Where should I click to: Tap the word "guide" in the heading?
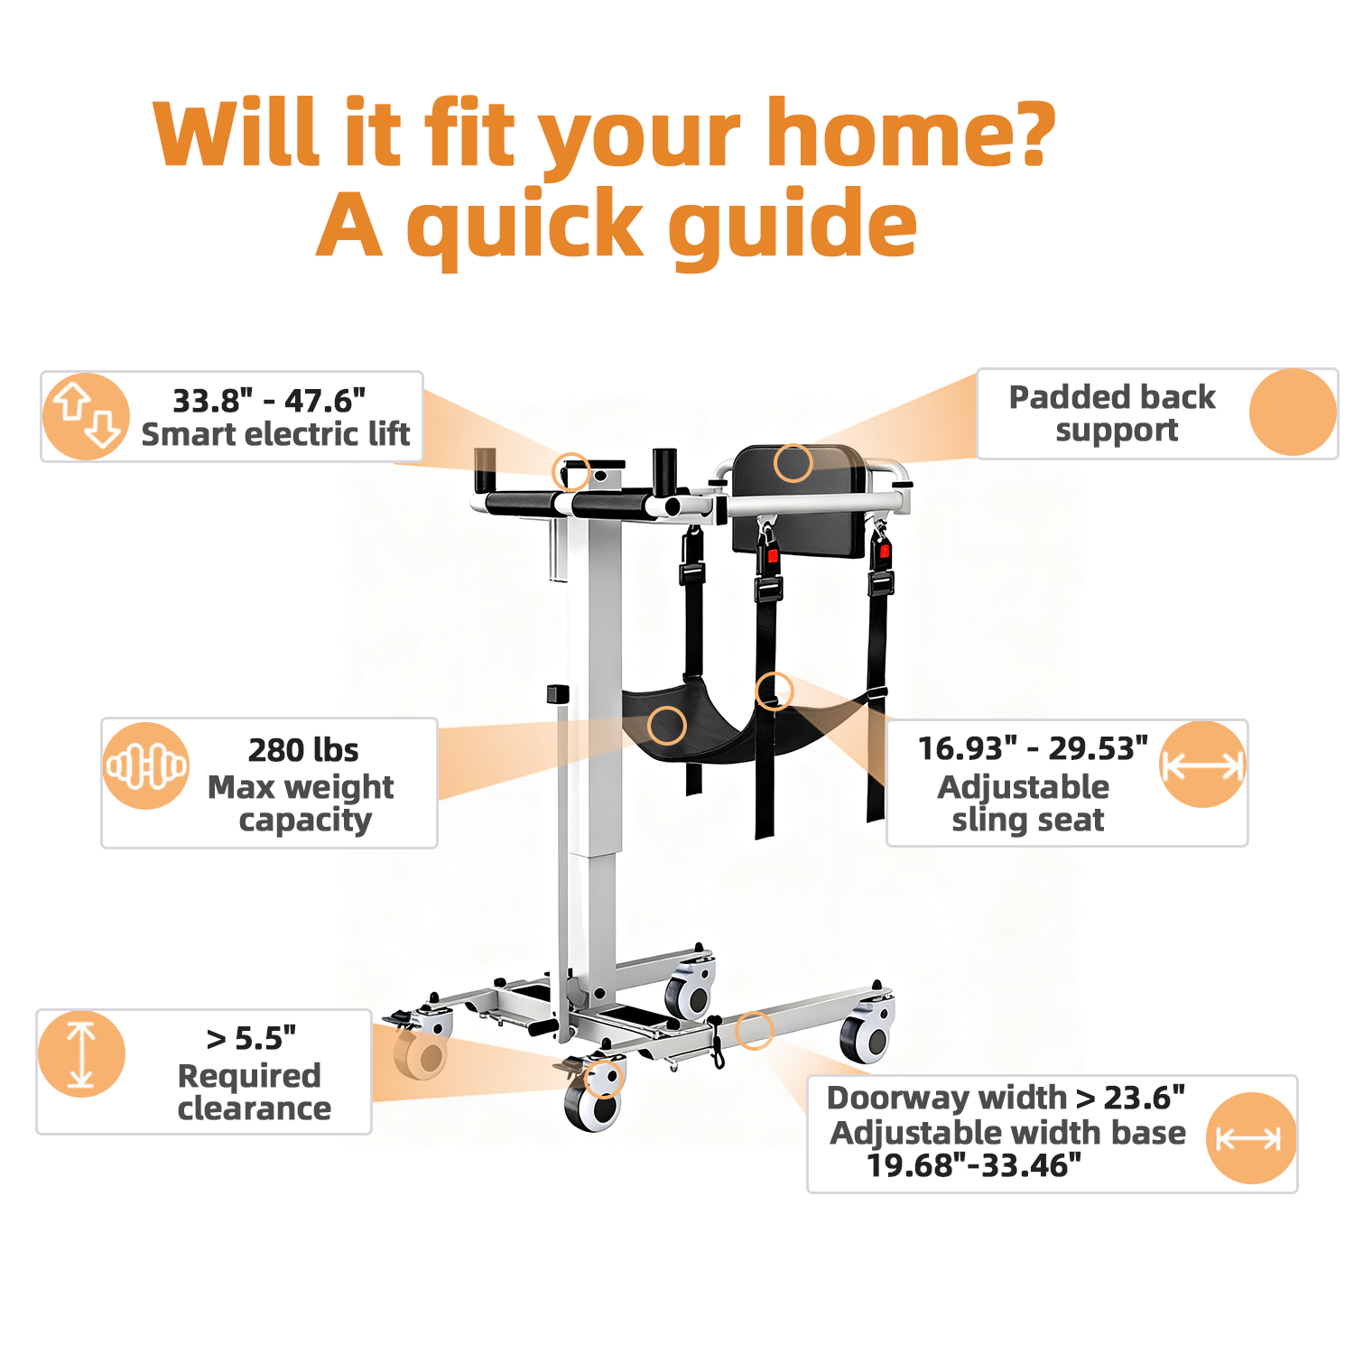pyautogui.click(x=793, y=227)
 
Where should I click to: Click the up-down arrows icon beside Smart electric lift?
pyautogui.click(x=87, y=416)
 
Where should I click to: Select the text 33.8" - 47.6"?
pyautogui.click(x=269, y=400)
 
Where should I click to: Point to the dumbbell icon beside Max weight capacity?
pyautogui.click(x=146, y=765)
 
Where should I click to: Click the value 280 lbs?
pyautogui.click(x=303, y=750)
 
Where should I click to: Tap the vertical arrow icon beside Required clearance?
pyautogui.click(x=81, y=1053)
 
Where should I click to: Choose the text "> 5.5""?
pyautogui.click(x=251, y=1039)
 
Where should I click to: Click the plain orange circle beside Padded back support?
pyautogui.click(x=1293, y=412)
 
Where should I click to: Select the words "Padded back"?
pyautogui.click(x=1112, y=397)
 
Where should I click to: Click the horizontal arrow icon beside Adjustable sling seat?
pyautogui.click(x=1202, y=765)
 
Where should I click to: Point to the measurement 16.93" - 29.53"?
pyautogui.click(x=1033, y=748)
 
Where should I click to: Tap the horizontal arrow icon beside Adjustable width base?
pyautogui.click(x=1250, y=1138)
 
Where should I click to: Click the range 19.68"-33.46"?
pyautogui.click(x=974, y=1165)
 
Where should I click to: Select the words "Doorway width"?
pyautogui.click(x=947, y=1099)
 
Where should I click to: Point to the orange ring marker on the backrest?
pyautogui.click(x=793, y=463)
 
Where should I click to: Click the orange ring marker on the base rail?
pyautogui.click(x=755, y=1030)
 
